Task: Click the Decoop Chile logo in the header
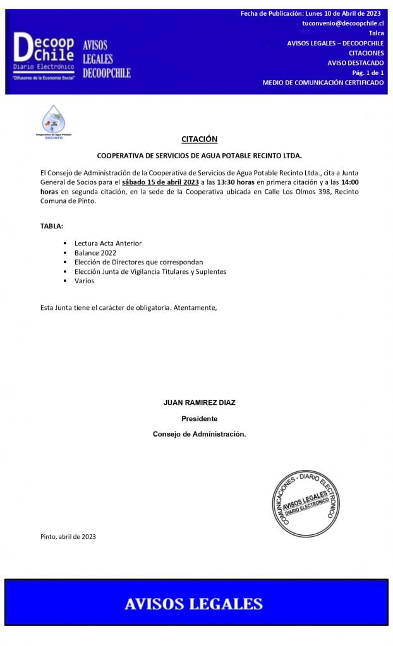click(44, 56)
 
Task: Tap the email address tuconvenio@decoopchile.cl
click(342, 23)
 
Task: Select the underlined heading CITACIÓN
click(199, 139)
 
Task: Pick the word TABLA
click(51, 226)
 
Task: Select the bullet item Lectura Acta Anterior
click(107, 243)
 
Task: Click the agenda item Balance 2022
click(95, 252)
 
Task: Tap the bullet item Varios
click(84, 281)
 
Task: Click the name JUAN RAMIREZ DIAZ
click(199, 402)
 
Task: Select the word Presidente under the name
click(199, 418)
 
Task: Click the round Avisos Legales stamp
click(305, 502)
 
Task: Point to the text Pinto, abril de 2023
click(68, 537)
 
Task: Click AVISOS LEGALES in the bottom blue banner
click(193, 604)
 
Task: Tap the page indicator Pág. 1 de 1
click(368, 73)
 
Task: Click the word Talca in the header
click(376, 33)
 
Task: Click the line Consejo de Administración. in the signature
click(199, 434)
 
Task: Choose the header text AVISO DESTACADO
click(355, 63)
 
